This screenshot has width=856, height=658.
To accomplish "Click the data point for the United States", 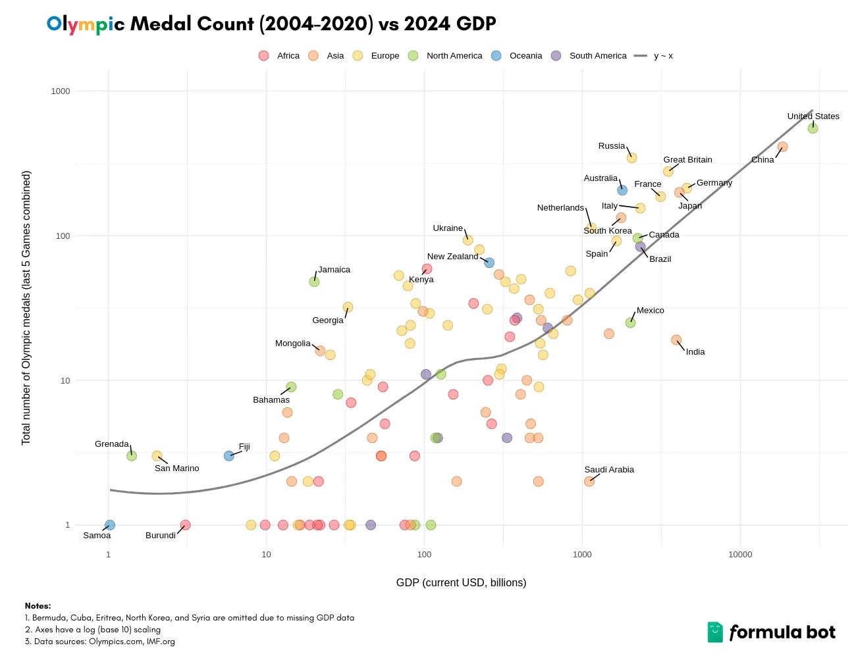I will point(813,128).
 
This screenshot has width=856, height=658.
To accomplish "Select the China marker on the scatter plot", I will point(782,147).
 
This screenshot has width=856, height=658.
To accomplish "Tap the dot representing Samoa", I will point(110,525).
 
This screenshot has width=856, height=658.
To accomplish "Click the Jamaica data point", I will point(314,282).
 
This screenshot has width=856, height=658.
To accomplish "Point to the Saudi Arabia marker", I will point(589,482).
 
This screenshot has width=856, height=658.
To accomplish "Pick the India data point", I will point(676,340).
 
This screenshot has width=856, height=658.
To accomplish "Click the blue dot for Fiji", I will point(228,456).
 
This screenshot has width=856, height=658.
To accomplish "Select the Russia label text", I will point(611,146).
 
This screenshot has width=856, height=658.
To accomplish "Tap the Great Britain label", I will point(687,160).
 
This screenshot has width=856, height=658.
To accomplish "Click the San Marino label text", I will point(176,468).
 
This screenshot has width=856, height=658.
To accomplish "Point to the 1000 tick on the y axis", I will point(61,91).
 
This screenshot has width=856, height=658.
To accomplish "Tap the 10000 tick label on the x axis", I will point(739,555).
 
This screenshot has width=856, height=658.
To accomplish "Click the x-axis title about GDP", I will point(461,582).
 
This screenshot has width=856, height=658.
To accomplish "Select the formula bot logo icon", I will point(714,632).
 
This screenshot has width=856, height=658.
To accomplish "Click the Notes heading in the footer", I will point(38,606).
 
